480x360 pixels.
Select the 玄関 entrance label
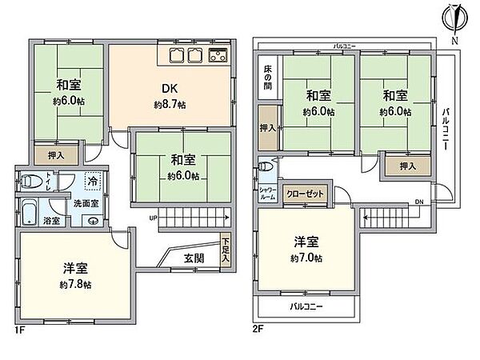(193, 258)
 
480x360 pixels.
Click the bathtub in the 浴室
(30, 212)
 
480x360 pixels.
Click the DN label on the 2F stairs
(418, 202)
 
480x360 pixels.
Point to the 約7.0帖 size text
(307, 259)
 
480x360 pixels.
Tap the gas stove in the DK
(218, 56)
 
